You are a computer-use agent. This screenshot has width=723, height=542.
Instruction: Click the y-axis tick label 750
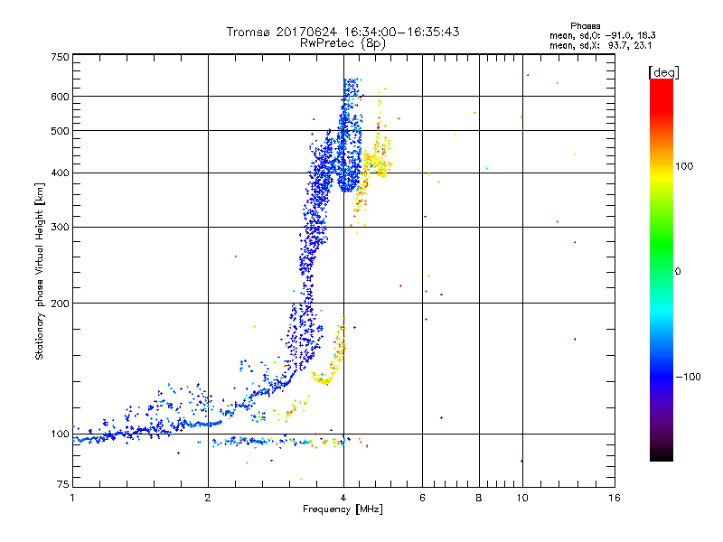pyautogui.click(x=61, y=56)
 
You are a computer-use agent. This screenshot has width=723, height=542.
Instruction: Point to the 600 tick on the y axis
pyautogui.click(x=61, y=96)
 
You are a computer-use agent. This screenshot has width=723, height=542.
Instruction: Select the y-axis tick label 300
pyautogui.click(x=61, y=227)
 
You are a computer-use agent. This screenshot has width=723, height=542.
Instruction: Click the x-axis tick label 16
pyautogui.click(x=614, y=498)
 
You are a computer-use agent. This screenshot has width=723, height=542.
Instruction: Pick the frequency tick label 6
pyautogui.click(x=423, y=498)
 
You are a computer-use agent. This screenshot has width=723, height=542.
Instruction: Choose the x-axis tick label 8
pyautogui.click(x=479, y=498)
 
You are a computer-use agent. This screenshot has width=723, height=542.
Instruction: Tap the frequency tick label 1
pyautogui.click(x=72, y=498)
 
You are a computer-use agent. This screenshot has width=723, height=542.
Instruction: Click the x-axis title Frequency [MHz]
pyautogui.click(x=343, y=509)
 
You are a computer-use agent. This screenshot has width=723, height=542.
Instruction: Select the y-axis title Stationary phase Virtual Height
pyautogui.click(x=40, y=271)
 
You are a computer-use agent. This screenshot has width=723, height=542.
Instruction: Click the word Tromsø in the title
pyautogui.click(x=250, y=32)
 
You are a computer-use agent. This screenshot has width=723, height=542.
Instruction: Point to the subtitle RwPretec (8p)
pyautogui.click(x=343, y=42)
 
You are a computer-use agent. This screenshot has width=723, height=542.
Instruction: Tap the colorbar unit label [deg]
pyautogui.click(x=663, y=71)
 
